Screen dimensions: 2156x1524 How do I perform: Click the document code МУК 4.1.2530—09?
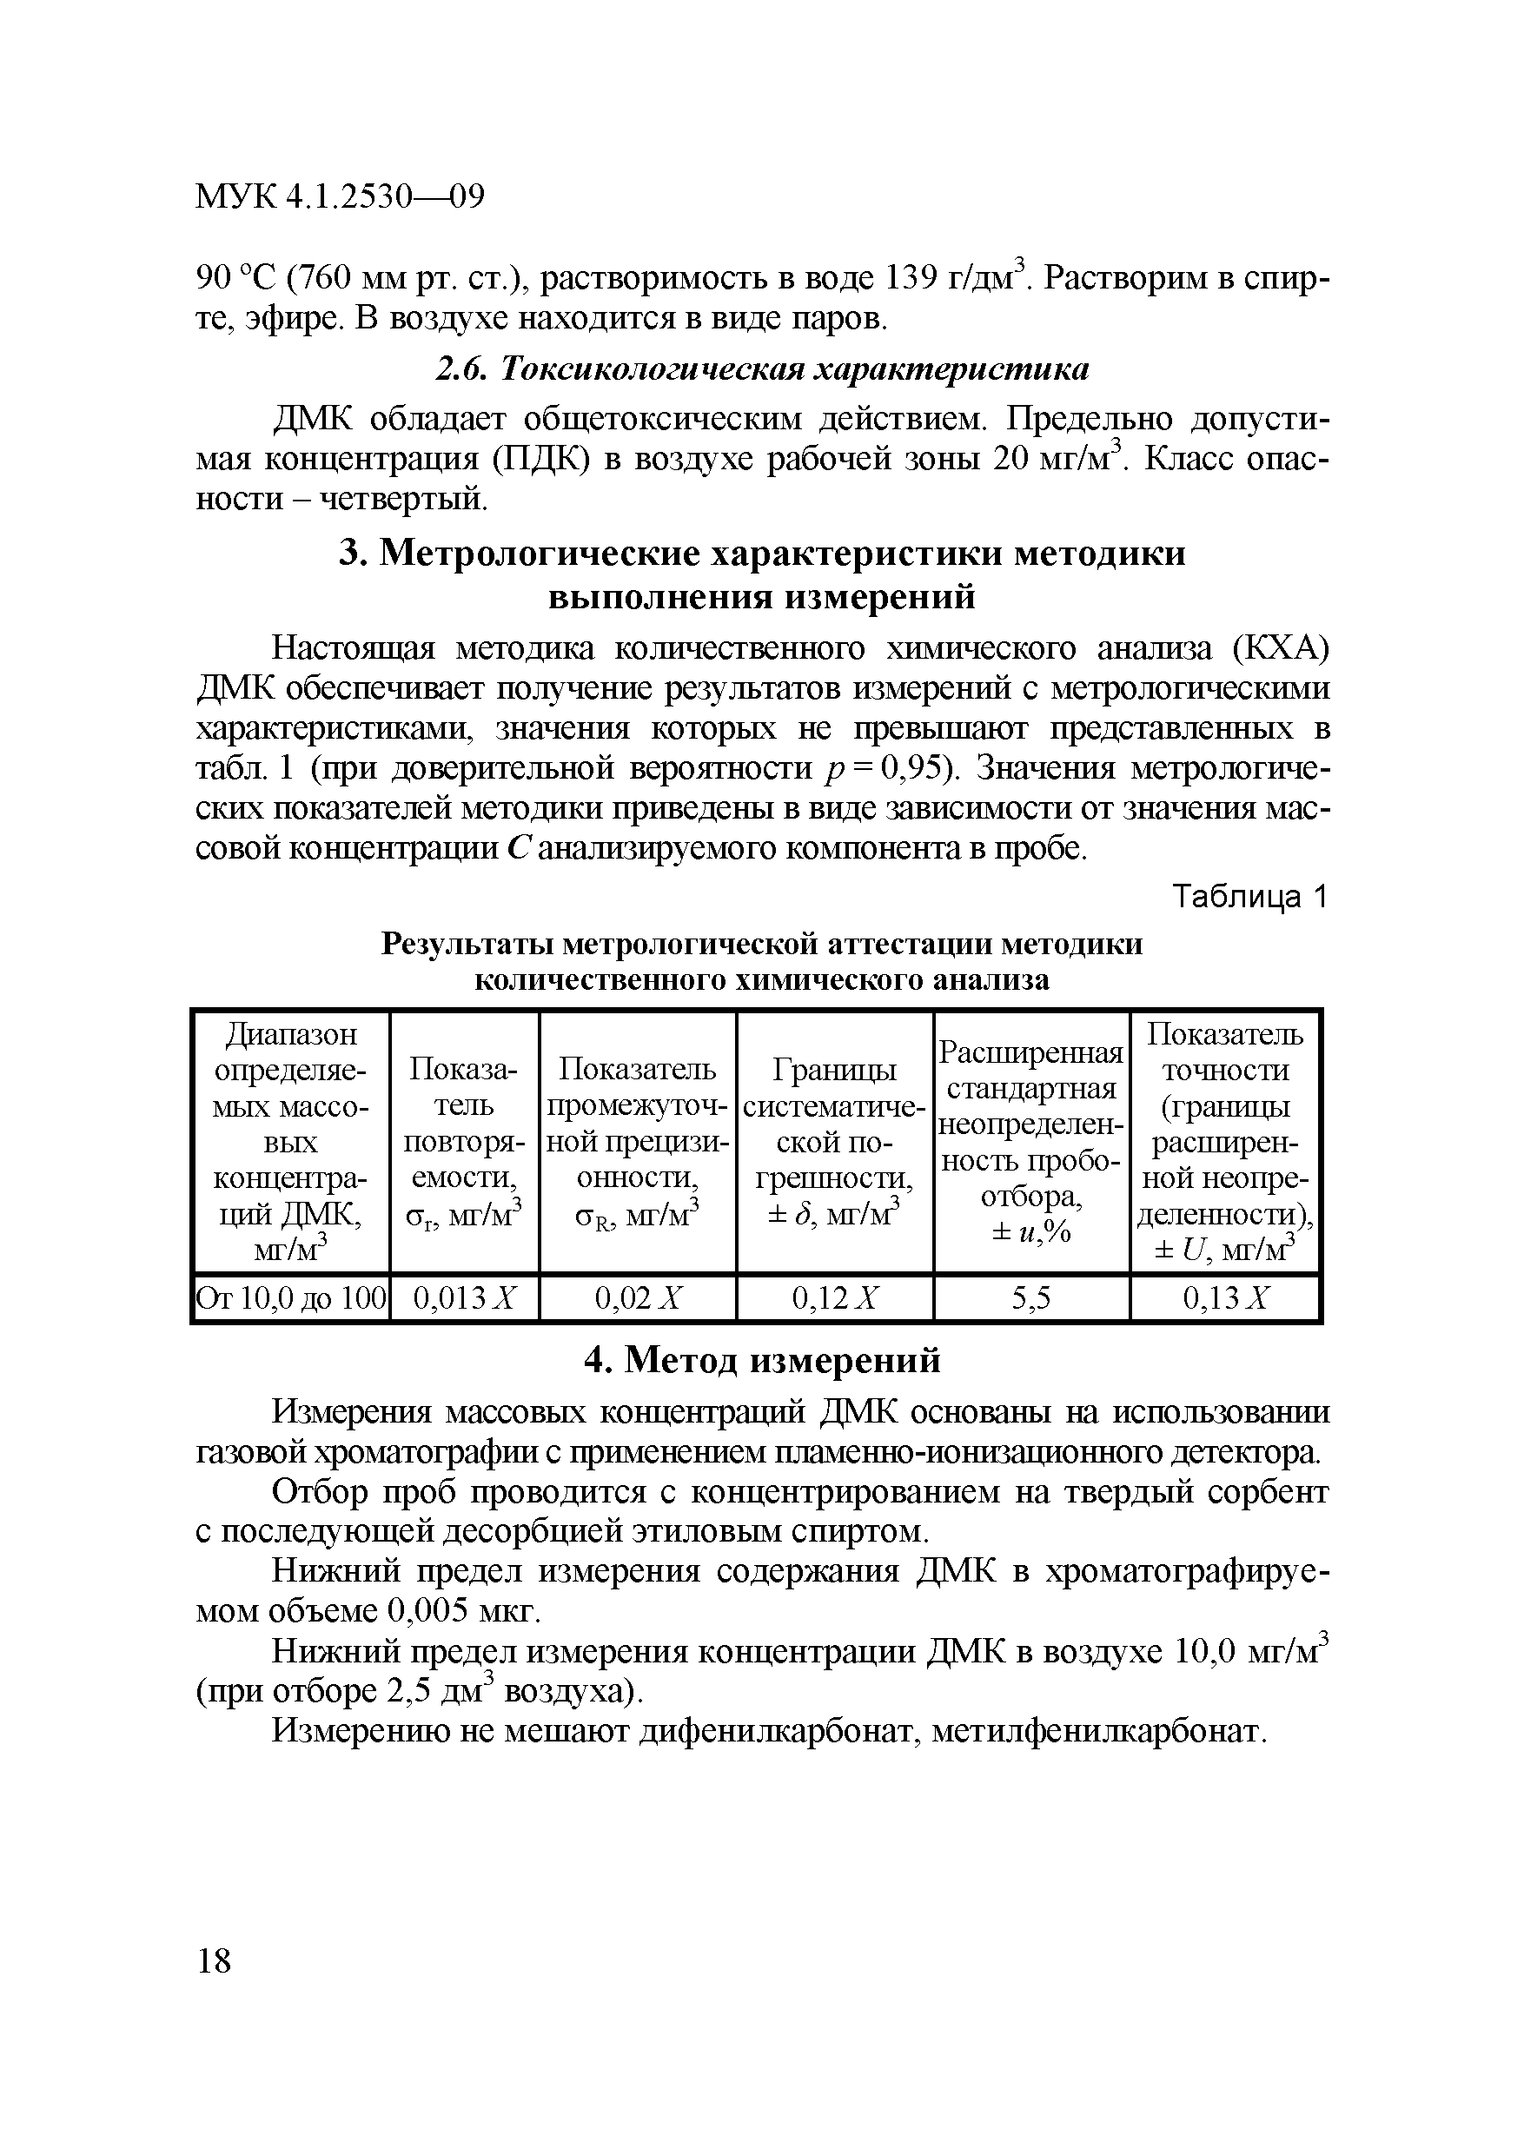339,198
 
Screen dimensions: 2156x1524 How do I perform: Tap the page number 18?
214,1961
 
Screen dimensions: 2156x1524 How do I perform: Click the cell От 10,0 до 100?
290,1298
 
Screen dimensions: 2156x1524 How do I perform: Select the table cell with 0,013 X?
465,1298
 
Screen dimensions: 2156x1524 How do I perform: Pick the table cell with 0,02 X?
638,1298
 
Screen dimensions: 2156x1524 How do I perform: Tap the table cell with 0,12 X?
835,1298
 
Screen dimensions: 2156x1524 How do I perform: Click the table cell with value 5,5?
1031,1298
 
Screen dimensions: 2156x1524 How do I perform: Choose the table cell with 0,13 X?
1225,1298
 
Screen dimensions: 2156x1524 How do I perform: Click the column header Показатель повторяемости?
465,1142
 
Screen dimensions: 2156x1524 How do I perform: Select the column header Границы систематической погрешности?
835,1142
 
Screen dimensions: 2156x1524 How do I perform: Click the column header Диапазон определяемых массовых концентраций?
290,1142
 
